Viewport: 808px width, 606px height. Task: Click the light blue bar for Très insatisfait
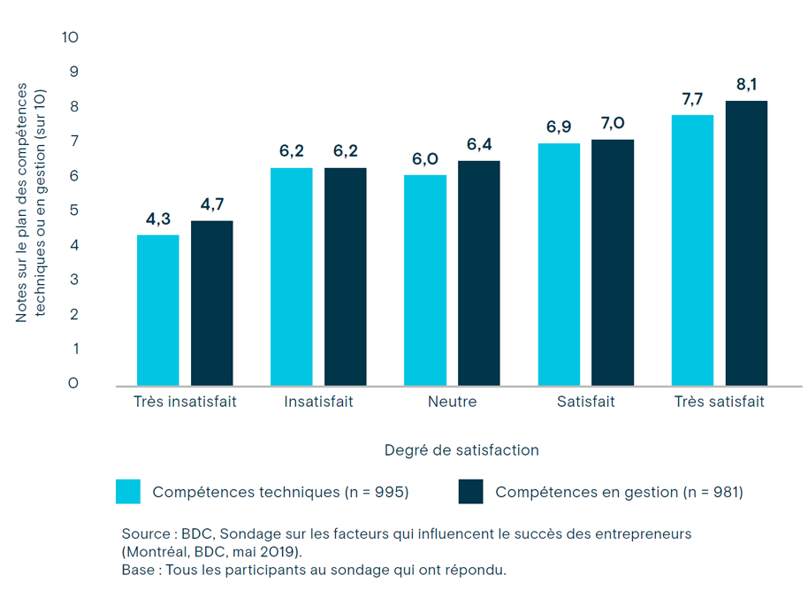158,310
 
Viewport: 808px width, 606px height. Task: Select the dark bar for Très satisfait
746,243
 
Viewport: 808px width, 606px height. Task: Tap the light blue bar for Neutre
425,280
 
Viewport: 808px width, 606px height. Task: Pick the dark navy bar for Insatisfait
345,276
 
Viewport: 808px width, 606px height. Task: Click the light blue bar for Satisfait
559,265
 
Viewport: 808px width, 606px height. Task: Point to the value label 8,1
746,85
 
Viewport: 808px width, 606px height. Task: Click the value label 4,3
158,219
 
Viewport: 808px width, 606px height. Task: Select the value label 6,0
425,159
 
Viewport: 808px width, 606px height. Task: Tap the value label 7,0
613,124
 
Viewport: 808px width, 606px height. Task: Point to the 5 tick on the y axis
74,211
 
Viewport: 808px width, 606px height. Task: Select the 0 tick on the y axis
74,383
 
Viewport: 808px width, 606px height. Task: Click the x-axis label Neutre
452,402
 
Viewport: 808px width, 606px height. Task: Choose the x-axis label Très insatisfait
185,402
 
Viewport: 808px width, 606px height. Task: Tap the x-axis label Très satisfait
719,402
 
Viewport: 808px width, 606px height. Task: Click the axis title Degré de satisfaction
461,449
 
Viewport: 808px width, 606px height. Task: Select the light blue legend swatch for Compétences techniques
128,492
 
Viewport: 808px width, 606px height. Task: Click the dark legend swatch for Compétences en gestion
471,492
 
